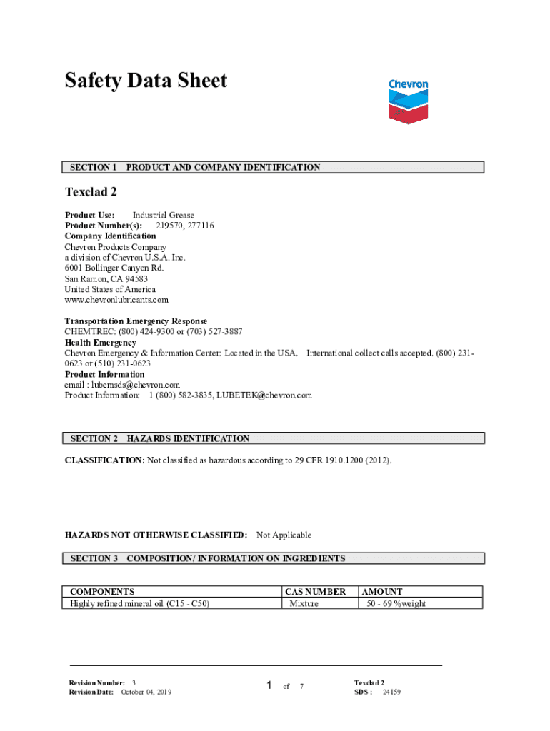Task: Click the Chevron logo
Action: (408, 101)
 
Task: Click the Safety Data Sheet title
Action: (146, 81)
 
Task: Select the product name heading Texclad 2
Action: (91, 192)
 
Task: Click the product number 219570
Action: (169, 226)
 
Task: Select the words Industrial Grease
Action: (163, 215)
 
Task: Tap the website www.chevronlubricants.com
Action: (116, 300)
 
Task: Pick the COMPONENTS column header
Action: (102, 592)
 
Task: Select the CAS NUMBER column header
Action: (315, 592)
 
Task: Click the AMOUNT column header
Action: (382, 592)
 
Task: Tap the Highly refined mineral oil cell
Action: (139, 603)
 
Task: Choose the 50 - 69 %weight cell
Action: (396, 603)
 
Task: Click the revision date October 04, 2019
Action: (146, 692)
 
